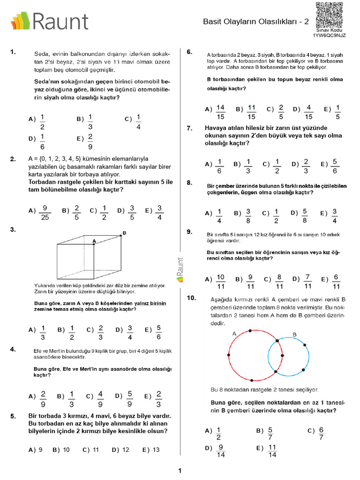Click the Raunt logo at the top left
point(49,21)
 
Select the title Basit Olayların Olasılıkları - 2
point(256,22)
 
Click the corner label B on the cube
point(124,232)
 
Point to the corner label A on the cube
point(94,241)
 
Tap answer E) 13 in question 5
point(151,450)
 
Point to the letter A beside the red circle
point(234,334)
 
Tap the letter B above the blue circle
point(294,334)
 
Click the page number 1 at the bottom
point(180,471)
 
